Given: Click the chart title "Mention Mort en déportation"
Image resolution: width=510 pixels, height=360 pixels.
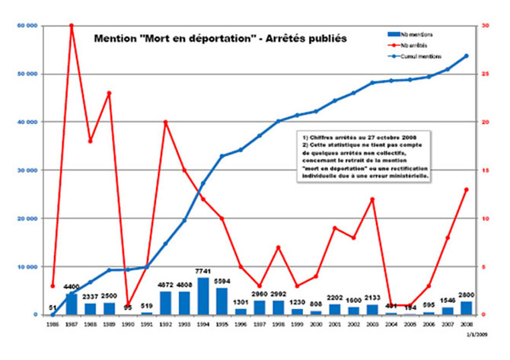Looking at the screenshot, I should (x=215, y=36).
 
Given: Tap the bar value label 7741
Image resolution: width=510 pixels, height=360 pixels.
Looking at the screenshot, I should (x=203, y=272).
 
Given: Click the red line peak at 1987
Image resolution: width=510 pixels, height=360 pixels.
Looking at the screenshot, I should (x=72, y=25).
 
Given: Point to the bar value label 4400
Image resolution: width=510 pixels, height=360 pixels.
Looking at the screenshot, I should (x=72, y=286).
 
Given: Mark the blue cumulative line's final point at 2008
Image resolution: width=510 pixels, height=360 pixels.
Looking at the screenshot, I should (x=466, y=56).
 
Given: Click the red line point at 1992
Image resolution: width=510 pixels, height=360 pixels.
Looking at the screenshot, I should (x=166, y=122).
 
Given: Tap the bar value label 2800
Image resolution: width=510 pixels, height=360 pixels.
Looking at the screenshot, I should (x=466, y=295).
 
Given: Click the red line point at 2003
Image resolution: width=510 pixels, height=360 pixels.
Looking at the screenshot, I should (x=372, y=199).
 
